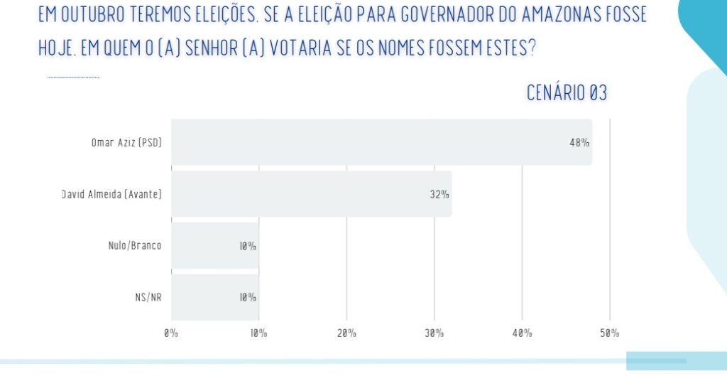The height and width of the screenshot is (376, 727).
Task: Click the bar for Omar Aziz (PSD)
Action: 381,142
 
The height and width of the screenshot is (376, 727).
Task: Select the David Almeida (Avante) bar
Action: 311,194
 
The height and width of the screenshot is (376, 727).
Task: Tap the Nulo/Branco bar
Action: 214,246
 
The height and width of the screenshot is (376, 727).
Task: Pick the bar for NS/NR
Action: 214,298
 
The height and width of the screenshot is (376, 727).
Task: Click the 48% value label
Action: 579,142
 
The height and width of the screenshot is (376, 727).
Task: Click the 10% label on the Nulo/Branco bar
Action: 247,246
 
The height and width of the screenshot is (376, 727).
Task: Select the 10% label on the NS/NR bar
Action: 247,298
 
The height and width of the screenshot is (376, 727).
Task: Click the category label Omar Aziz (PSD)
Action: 126,142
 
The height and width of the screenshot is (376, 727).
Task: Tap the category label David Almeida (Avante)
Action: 111,194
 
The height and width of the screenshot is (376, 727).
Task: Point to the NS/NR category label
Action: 148,298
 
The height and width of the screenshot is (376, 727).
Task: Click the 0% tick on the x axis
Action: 170,333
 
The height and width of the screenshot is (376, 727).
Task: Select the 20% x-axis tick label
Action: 346,333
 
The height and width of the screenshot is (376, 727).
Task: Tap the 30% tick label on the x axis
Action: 434,333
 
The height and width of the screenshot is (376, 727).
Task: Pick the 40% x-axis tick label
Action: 522,333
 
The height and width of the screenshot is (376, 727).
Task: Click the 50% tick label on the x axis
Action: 609,333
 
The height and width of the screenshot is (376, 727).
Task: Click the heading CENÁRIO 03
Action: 567,92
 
